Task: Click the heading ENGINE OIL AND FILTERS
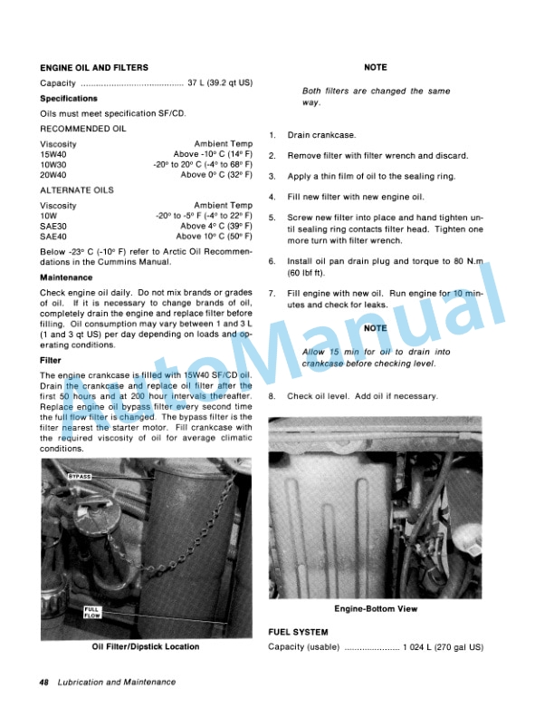point(93,68)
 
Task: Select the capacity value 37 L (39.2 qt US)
point(220,83)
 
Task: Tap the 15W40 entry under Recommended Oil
point(54,155)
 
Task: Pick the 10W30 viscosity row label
point(54,165)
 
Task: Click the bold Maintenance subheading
point(66,277)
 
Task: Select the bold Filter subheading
point(51,360)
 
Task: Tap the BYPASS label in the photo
point(80,476)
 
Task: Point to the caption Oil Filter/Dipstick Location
point(146,647)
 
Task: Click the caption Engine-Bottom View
point(375,608)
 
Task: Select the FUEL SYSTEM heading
point(298,631)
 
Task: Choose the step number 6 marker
point(272,261)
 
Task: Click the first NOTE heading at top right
point(375,68)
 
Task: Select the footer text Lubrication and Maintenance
point(116,682)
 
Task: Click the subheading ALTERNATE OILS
point(77,190)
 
